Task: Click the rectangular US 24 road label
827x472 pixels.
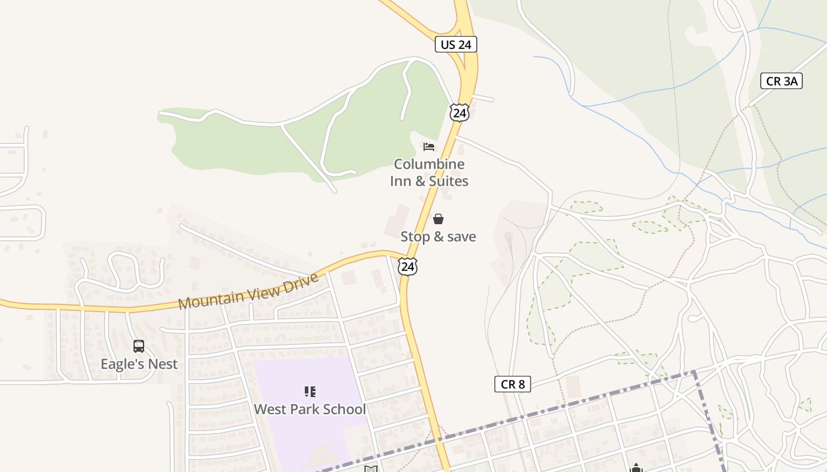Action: click(x=456, y=44)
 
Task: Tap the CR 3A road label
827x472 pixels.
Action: click(x=782, y=81)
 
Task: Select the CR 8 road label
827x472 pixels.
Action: click(x=512, y=385)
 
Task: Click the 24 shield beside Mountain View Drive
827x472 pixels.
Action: click(x=408, y=267)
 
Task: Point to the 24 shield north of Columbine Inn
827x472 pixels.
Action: click(x=459, y=113)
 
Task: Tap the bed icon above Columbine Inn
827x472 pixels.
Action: click(x=429, y=146)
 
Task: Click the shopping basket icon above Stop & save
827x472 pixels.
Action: click(x=438, y=219)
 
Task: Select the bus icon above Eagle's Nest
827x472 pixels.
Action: click(x=139, y=346)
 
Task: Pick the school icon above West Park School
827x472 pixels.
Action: click(x=310, y=392)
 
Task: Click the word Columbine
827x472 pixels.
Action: click(x=429, y=164)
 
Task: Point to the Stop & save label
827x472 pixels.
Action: click(x=438, y=237)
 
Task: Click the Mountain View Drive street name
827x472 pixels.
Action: click(x=249, y=291)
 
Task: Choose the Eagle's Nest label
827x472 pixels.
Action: click(x=139, y=364)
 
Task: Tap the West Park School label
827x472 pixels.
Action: click(x=310, y=409)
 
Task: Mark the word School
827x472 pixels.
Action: click(x=344, y=409)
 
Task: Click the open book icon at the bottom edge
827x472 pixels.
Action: click(x=370, y=469)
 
